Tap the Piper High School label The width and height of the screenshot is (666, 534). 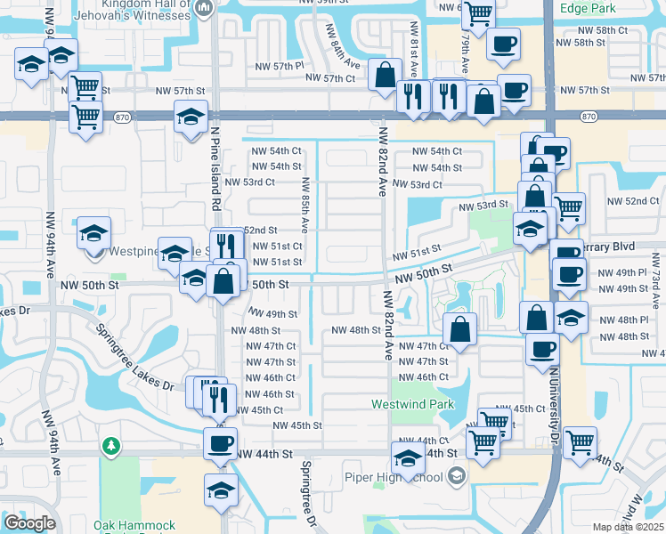(x=393, y=477)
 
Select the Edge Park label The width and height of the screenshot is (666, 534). (x=589, y=8)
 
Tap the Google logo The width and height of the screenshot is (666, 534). (x=29, y=523)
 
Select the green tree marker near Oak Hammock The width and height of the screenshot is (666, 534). (x=110, y=443)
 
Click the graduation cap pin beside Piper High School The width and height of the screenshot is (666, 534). (x=408, y=458)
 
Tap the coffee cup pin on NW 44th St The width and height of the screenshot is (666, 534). (x=220, y=443)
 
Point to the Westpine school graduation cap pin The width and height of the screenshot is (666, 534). (x=93, y=233)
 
